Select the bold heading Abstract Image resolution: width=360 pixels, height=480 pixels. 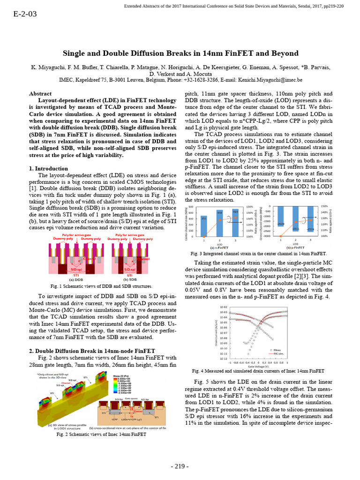(x=40, y=94)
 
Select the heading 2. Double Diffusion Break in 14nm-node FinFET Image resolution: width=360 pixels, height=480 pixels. (x=90, y=351)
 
